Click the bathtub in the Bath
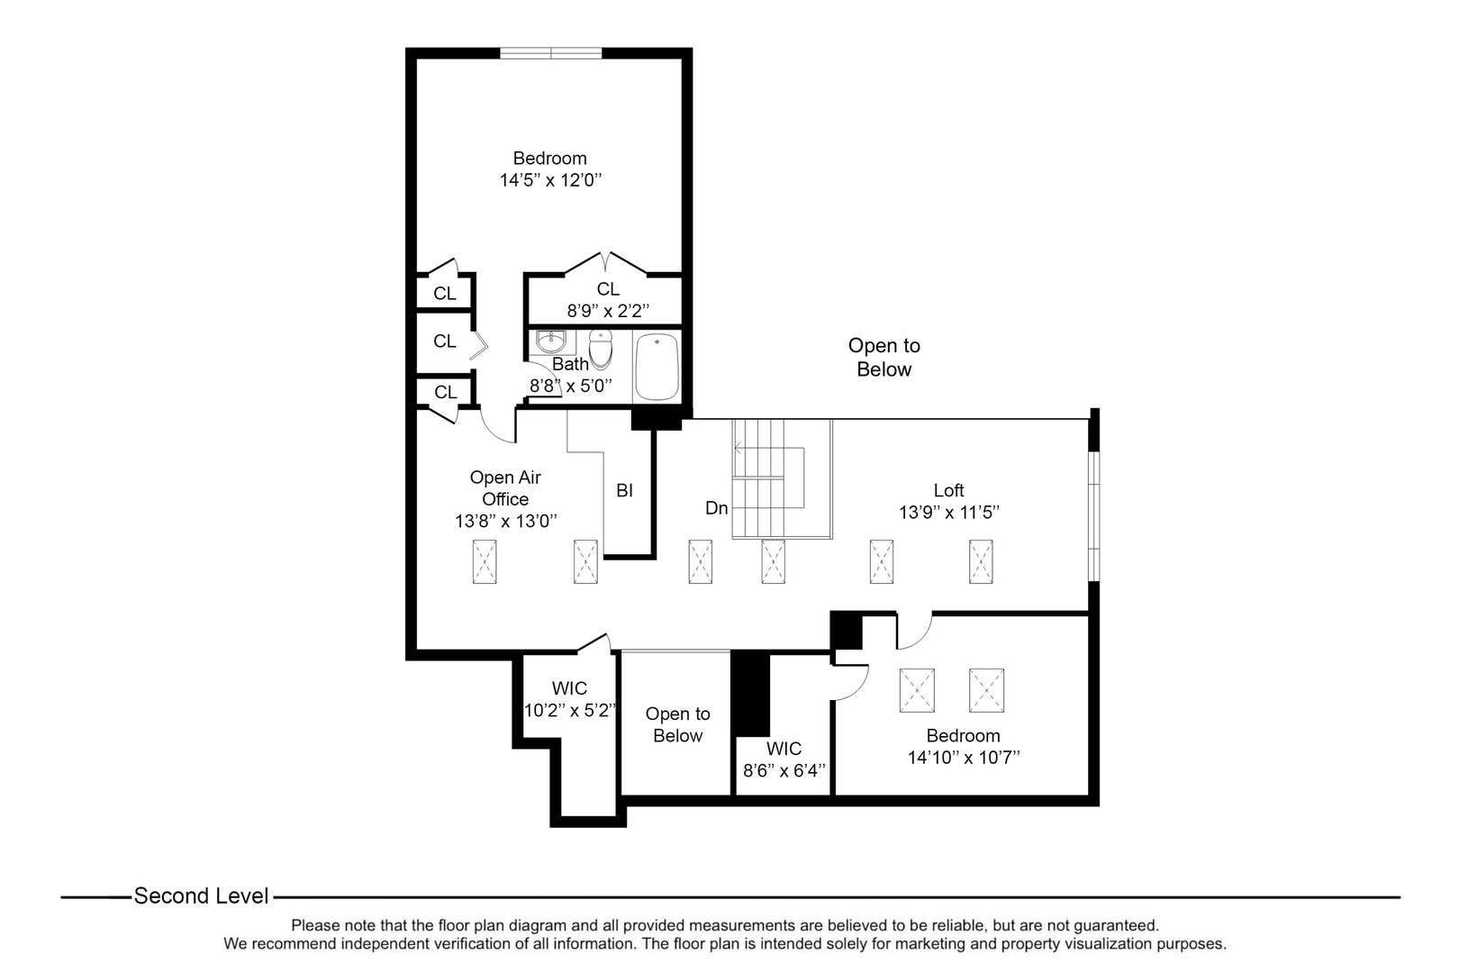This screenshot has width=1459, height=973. (x=658, y=367)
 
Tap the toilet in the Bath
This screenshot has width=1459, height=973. (x=601, y=349)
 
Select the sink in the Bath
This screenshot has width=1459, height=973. (x=549, y=342)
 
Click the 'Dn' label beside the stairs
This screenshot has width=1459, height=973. (x=716, y=508)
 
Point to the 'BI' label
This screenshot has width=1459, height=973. (x=624, y=491)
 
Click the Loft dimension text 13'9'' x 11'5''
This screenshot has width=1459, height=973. (x=949, y=513)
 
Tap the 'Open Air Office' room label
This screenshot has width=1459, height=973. (x=505, y=488)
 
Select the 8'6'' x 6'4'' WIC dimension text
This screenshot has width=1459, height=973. (x=784, y=771)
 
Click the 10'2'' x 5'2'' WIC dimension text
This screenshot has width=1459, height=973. (x=569, y=710)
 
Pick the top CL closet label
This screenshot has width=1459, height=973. (x=444, y=294)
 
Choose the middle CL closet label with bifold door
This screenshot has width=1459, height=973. (x=444, y=341)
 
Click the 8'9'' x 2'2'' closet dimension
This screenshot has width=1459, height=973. (x=608, y=311)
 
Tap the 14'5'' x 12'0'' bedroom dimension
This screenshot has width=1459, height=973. (x=549, y=180)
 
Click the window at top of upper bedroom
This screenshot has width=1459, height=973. (x=551, y=53)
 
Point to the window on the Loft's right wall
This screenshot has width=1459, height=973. (x=1093, y=515)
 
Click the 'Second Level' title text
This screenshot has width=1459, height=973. (x=201, y=896)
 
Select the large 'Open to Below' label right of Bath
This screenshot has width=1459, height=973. (x=884, y=358)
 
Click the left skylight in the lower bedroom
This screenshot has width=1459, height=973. (x=917, y=690)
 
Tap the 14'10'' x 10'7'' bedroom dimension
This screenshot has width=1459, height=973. (x=963, y=758)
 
